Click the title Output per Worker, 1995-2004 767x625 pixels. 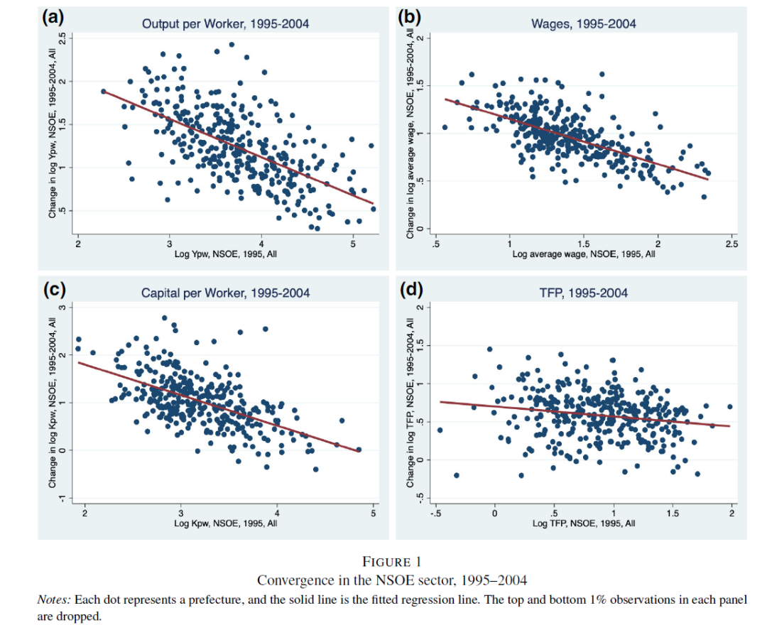click(x=225, y=24)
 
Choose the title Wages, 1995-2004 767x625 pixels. click(x=583, y=24)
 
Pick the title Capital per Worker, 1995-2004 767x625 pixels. click(x=225, y=293)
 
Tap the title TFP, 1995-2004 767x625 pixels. click(x=583, y=293)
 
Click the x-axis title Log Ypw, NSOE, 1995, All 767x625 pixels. click(x=225, y=254)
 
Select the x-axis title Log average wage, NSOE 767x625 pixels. click(x=583, y=254)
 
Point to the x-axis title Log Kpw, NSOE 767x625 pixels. click(x=225, y=523)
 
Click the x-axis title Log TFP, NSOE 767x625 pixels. click(x=583, y=523)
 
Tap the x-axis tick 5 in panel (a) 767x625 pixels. click(x=353, y=244)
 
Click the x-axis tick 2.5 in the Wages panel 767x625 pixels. click(x=732, y=244)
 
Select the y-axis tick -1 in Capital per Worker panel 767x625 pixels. click(x=60, y=499)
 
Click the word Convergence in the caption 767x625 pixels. click(x=292, y=580)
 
